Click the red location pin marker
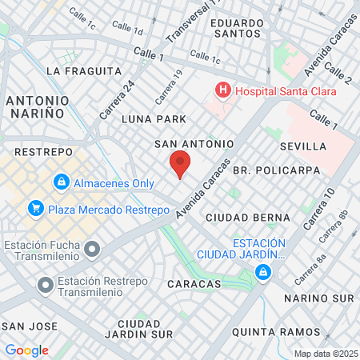tap(180, 165)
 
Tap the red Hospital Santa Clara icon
tap(222, 91)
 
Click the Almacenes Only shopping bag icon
tap(61, 183)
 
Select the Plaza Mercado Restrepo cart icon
tap(35, 210)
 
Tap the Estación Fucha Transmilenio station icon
tap(92, 250)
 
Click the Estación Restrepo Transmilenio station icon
tap(46, 284)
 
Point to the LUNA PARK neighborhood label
tap(154, 119)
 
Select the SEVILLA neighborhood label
tap(303, 146)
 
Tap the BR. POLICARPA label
tap(276, 170)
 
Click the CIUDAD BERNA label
tap(247, 218)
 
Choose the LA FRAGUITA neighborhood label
tap(83, 71)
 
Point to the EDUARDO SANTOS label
tap(238, 29)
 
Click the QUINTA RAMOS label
tap(269, 331)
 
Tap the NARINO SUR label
tap(320, 298)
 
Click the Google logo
tap(26, 350)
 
